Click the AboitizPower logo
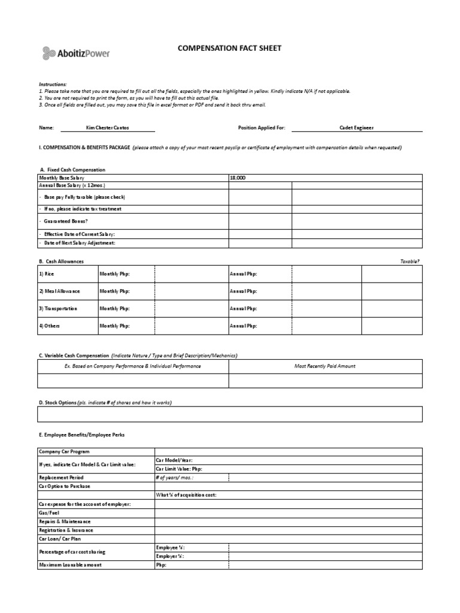coord(75,53)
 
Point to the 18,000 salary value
coord(238,178)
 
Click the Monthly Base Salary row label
coord(62,178)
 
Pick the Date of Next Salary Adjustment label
coord(77,242)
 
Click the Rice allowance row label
coord(46,274)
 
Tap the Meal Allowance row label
coord(59,291)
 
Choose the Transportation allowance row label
coord(58,308)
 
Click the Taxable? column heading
coord(410,261)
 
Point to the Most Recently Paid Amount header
coord(325,366)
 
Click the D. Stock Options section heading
coord(57,402)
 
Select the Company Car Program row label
coord(64,451)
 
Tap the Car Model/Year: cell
coord(174,460)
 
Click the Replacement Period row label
coord(62,478)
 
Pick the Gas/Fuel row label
coord(50,513)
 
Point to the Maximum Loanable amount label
coord(70,565)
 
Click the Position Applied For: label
coord(262,128)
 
